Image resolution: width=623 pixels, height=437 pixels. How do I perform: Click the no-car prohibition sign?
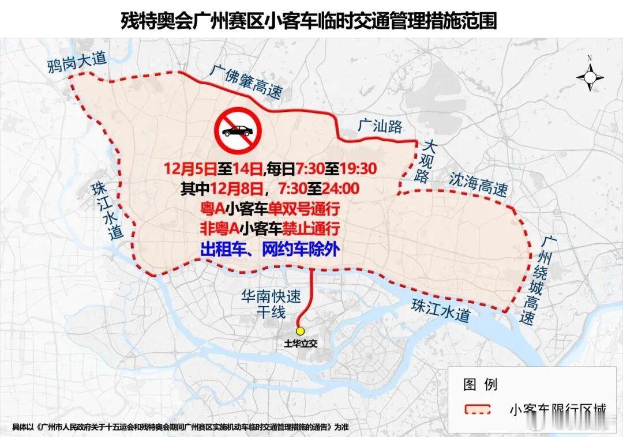click(236, 131)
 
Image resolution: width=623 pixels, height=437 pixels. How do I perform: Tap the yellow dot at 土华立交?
click(300, 331)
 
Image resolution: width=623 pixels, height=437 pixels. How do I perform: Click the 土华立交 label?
click(301, 344)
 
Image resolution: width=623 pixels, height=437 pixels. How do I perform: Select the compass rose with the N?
click(590, 76)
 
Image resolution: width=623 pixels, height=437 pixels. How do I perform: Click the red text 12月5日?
click(190, 169)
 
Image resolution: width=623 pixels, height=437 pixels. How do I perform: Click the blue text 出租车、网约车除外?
click(269, 249)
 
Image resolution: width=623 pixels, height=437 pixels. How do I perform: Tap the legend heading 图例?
click(480, 384)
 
